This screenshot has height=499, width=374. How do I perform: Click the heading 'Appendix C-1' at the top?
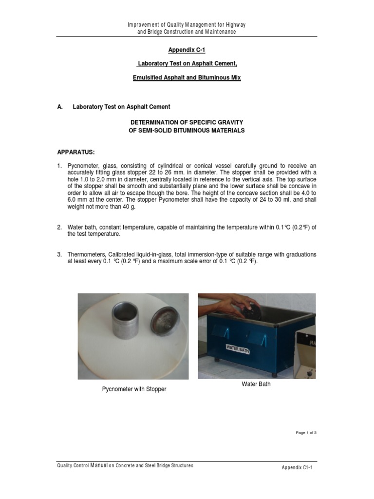tap(187, 50)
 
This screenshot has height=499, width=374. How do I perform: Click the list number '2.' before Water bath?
tap(59, 228)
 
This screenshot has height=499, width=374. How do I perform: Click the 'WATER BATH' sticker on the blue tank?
tap(237, 349)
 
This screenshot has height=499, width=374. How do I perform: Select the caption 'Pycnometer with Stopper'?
tap(134, 389)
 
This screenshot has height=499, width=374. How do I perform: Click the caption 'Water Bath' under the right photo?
tap(256, 384)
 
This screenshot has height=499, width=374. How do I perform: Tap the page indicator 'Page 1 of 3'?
tap(306, 433)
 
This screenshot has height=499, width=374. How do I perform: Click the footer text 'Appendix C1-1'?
tap(297, 468)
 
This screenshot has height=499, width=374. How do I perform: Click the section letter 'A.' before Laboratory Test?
tap(60, 107)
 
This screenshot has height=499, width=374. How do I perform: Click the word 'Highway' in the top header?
tap(234, 25)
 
